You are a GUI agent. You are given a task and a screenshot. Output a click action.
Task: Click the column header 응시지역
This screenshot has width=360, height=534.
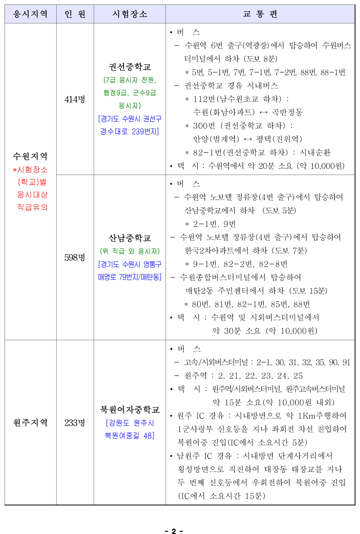pos(30,14)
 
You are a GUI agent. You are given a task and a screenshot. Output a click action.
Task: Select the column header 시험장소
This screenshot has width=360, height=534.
pos(130,14)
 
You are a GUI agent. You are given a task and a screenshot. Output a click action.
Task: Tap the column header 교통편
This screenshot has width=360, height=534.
pos(261,14)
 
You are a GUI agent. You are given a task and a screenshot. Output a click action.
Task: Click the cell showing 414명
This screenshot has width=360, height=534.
pos(75,100)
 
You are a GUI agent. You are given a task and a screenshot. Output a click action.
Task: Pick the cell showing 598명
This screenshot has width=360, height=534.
pos(75,258)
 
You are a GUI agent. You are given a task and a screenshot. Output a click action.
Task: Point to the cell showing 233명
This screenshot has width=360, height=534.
pos(75,423)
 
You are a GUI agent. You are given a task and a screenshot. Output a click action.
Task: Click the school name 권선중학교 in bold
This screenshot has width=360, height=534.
pos(130,67)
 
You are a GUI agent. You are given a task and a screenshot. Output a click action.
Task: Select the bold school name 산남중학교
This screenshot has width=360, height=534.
pos(130,238)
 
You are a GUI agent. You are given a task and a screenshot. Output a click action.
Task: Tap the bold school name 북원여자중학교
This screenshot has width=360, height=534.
pos(130,409)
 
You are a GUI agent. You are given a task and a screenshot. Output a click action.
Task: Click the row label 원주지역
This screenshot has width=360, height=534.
pos(30,423)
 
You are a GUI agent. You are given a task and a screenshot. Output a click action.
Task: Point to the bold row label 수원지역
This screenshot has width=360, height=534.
pos(30,156)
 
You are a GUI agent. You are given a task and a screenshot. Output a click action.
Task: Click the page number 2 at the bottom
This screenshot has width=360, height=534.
pos(174,531)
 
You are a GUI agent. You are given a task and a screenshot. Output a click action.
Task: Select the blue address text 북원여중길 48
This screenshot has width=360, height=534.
pos(130,436)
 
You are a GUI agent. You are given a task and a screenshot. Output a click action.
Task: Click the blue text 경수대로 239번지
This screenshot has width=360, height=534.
pos(130,131)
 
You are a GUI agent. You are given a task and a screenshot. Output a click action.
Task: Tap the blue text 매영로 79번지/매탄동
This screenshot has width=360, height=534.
pos(130,277)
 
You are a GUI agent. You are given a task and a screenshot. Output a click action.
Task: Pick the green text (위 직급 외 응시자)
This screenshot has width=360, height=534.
pos(130,251)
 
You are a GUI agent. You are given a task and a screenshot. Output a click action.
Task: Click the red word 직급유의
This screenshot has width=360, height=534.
pos(32,207)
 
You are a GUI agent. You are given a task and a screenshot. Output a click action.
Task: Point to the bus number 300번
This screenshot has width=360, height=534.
pos(204,125)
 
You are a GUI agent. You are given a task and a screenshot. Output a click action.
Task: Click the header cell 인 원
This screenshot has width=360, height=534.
pos(75,14)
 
